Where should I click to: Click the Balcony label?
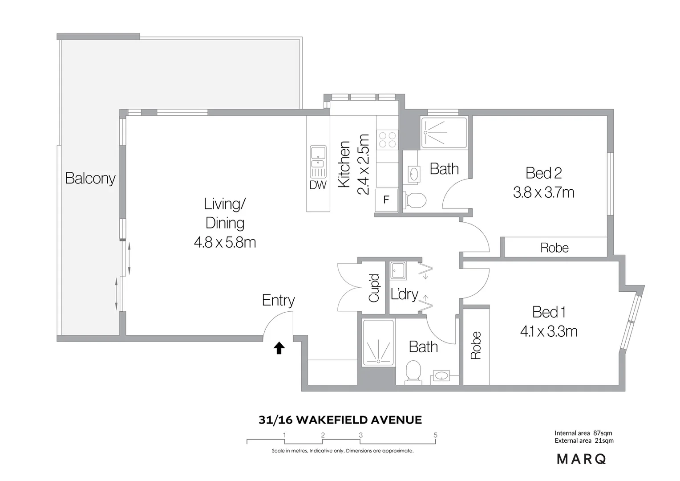pyautogui.click(x=90, y=178)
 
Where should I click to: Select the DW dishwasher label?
pyautogui.click(x=318, y=185)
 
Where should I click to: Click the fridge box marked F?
pyautogui.click(x=386, y=200)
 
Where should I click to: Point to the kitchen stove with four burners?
pyautogui.click(x=387, y=139)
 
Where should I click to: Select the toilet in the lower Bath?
pyautogui.click(x=413, y=371)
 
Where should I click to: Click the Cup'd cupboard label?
pyautogui.click(x=374, y=288)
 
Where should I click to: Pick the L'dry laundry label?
pyautogui.click(x=405, y=294)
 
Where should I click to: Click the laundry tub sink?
pyautogui.click(x=398, y=270)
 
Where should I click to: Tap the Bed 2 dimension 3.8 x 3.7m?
pyautogui.click(x=543, y=192)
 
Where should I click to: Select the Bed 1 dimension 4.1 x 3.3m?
pyautogui.click(x=548, y=331)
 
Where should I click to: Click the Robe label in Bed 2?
pyautogui.click(x=554, y=248)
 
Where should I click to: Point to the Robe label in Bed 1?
pyautogui.click(x=476, y=345)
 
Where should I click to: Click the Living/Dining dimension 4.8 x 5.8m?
pyautogui.click(x=225, y=242)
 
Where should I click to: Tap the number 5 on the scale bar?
pyautogui.click(x=435, y=435)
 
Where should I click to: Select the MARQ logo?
pyautogui.click(x=581, y=459)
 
